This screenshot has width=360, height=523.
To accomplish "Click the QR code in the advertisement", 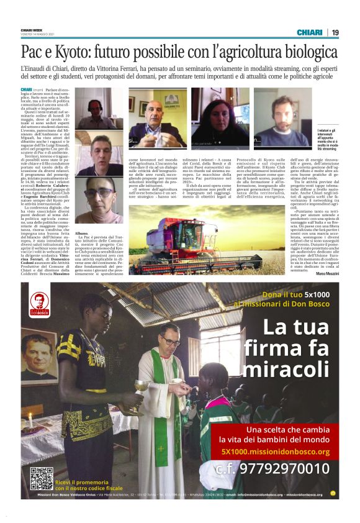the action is click(x=42, y=478).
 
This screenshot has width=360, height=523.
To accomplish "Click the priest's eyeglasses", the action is click(x=169, y=342).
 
